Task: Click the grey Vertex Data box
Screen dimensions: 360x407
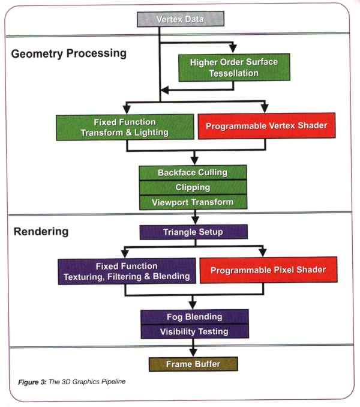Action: click(x=181, y=19)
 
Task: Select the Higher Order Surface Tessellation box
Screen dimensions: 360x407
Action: click(x=234, y=67)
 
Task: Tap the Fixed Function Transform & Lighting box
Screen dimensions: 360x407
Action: click(x=125, y=127)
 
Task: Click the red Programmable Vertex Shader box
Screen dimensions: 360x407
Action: click(x=266, y=126)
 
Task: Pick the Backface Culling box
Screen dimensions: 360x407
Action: click(x=193, y=173)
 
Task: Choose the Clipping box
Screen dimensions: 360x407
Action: click(x=193, y=187)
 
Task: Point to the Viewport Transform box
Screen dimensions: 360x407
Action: click(x=193, y=202)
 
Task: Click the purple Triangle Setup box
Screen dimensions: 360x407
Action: click(x=193, y=232)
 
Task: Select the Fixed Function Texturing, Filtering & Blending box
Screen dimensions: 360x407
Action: click(x=127, y=271)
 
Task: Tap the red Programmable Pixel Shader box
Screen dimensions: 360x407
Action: click(x=268, y=270)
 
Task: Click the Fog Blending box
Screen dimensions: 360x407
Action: click(x=194, y=317)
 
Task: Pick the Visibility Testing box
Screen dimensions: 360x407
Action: click(x=194, y=331)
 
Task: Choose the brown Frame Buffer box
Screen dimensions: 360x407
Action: click(x=193, y=364)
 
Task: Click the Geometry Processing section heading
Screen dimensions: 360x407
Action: click(x=69, y=54)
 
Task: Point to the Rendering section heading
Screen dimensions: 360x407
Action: click(x=41, y=232)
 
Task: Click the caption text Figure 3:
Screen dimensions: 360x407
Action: click(x=32, y=382)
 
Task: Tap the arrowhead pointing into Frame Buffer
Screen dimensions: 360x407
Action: click(x=193, y=352)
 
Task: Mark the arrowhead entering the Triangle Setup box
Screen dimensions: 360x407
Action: click(x=196, y=220)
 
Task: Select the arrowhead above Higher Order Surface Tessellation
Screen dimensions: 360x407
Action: click(x=233, y=48)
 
